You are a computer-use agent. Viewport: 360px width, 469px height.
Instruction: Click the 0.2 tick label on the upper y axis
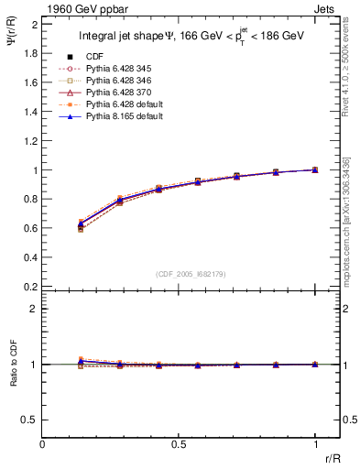click(31, 287)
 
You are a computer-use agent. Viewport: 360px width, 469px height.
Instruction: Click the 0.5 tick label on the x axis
click(179, 443)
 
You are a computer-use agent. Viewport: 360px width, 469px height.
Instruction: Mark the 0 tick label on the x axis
click(43, 443)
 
